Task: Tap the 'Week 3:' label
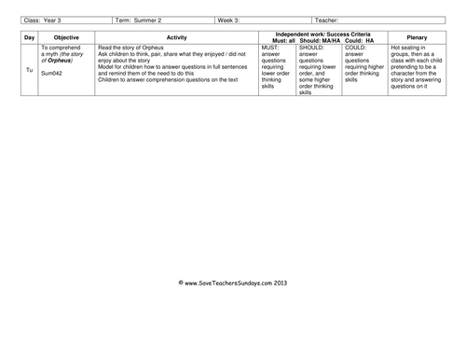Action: (x=230, y=20)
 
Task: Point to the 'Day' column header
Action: (x=29, y=37)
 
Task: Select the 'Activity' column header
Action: (x=176, y=37)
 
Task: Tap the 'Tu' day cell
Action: (x=29, y=70)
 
